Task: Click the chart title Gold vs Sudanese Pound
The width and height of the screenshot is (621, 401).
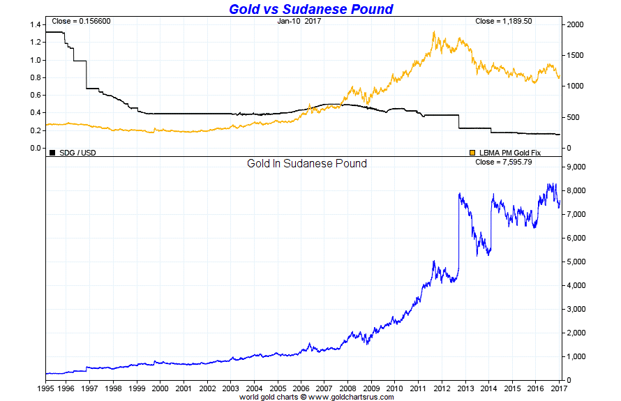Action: point(310,9)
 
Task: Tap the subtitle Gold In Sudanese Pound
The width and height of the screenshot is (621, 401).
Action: point(307,164)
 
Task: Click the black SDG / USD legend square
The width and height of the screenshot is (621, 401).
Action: point(52,152)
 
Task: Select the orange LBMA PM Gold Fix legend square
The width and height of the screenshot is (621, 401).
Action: point(472,152)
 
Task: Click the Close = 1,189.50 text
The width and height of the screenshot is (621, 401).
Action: point(504,21)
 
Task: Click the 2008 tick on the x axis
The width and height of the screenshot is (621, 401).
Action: point(347,388)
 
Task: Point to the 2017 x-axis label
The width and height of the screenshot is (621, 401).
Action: point(558,388)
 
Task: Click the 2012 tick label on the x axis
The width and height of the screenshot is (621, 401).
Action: point(441,388)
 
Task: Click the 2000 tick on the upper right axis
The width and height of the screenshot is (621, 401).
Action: point(576,24)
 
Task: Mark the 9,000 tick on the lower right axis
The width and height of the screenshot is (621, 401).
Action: point(577,167)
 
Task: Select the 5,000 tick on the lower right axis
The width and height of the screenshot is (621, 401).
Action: point(577,262)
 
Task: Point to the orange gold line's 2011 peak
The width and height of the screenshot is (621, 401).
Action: point(434,31)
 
